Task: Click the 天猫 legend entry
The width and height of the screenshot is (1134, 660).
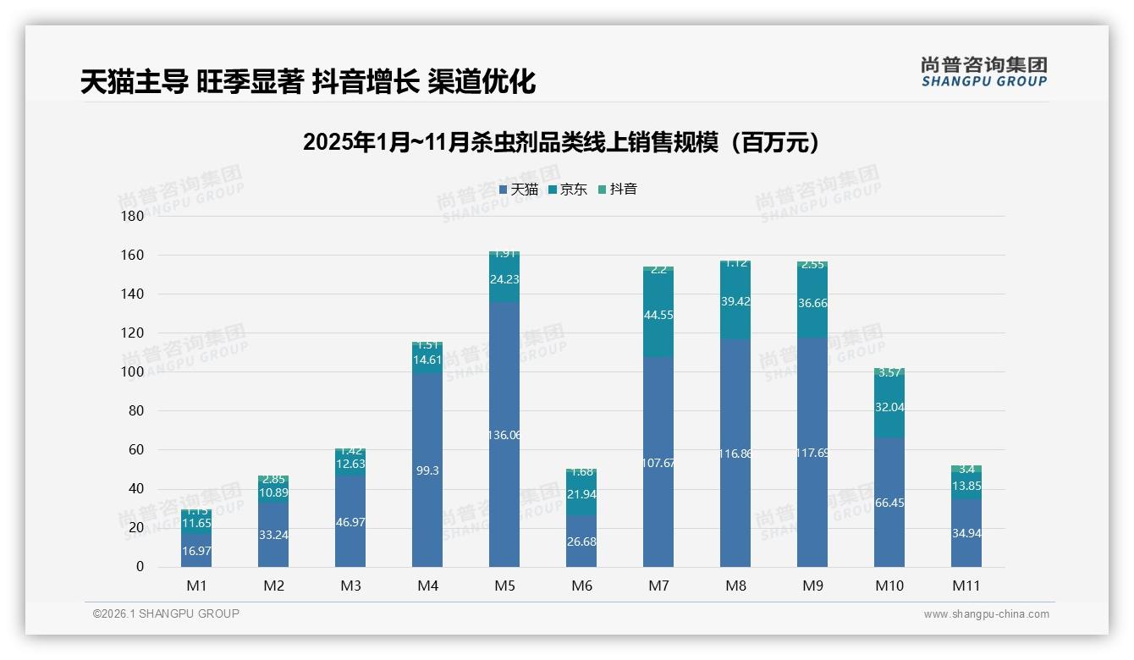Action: [519, 190]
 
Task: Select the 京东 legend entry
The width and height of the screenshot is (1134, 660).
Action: [568, 190]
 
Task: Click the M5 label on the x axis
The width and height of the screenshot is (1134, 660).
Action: [504, 586]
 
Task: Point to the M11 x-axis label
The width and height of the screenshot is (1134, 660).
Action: [966, 586]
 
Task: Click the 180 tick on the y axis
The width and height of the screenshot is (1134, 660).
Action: [134, 216]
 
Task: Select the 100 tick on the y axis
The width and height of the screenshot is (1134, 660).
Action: [134, 371]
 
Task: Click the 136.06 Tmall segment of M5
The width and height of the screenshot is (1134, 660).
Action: [504, 435]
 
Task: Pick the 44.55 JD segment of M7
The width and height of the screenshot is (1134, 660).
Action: [658, 315]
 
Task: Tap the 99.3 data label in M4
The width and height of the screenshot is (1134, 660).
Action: [427, 470]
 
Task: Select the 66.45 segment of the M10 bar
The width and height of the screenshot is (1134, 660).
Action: [889, 503]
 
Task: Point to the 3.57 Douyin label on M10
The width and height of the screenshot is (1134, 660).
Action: [889, 372]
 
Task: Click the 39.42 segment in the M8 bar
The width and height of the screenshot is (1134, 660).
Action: [735, 302]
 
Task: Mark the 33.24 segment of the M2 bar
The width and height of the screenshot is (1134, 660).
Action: [273, 535]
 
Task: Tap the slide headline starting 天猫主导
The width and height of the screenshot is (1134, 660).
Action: [308, 82]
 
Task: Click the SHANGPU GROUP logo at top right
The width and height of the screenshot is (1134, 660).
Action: [983, 72]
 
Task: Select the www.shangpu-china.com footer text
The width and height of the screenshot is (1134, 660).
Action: [986, 614]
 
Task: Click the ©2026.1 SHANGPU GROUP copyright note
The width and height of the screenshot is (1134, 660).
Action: [166, 613]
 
